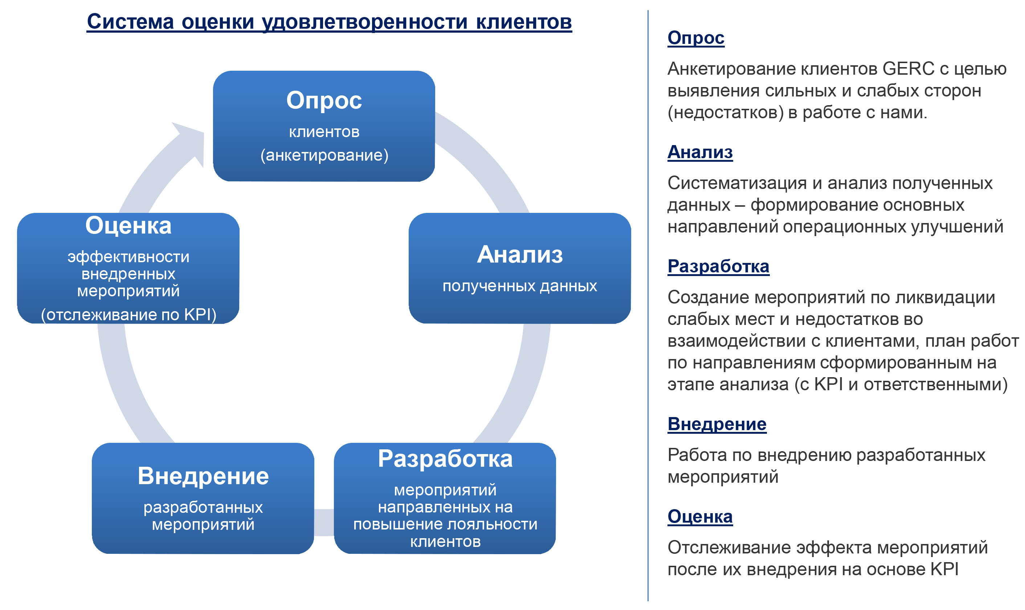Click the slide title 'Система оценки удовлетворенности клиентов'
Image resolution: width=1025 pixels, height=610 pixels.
329,21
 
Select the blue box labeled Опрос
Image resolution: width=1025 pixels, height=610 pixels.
324,126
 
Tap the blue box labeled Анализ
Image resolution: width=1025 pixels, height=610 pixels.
520,268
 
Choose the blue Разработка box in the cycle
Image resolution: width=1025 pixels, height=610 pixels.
445,499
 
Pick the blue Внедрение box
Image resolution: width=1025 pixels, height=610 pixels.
203,499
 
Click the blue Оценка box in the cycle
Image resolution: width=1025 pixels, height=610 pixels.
128,268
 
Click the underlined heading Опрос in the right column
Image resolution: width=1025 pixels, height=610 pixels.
696,38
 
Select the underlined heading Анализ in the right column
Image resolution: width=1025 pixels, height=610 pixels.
700,152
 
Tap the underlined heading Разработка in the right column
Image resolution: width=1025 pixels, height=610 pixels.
719,266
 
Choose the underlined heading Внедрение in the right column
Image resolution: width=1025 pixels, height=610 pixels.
717,424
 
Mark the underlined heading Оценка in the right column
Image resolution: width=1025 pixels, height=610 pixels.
700,517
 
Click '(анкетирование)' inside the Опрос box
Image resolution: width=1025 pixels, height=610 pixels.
324,155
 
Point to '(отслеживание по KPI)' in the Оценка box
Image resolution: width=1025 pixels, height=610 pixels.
129,315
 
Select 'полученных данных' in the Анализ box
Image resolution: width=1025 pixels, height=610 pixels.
520,286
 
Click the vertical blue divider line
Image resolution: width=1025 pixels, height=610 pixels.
648,305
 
